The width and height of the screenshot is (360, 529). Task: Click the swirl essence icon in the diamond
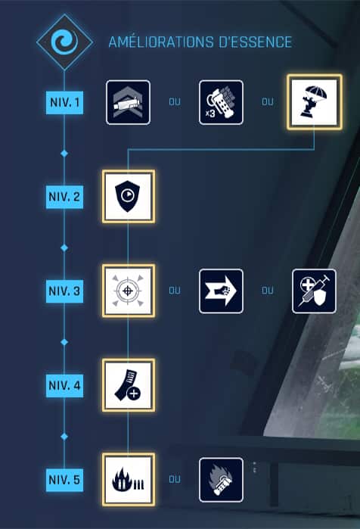(64, 42)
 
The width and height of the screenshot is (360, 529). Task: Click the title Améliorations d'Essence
(200, 42)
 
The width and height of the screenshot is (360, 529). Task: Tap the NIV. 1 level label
(64, 102)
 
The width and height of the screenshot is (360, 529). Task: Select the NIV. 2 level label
(64, 197)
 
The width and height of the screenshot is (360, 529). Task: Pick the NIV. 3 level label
(64, 291)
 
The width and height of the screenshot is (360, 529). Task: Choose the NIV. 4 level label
(64, 385)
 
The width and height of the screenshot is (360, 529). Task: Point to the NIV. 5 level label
(64, 480)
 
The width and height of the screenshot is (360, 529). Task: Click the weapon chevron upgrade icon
(128, 102)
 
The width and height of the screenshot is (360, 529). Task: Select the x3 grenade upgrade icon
(221, 102)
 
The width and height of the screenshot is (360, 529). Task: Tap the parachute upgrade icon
(315, 102)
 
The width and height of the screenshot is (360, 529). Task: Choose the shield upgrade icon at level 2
(129, 196)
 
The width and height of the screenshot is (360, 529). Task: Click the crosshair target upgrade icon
(129, 291)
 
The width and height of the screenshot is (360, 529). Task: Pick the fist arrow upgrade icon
(221, 291)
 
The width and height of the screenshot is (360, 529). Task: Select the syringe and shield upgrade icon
(314, 291)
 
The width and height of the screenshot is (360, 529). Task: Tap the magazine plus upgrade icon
(129, 385)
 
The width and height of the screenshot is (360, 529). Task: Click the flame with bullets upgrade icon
(129, 480)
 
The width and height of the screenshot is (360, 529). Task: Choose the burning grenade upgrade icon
(221, 480)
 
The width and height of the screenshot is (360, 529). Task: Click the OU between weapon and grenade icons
(175, 102)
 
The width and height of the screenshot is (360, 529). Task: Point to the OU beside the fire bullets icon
(175, 479)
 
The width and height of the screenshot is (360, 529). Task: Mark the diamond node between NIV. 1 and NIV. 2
(64, 154)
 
